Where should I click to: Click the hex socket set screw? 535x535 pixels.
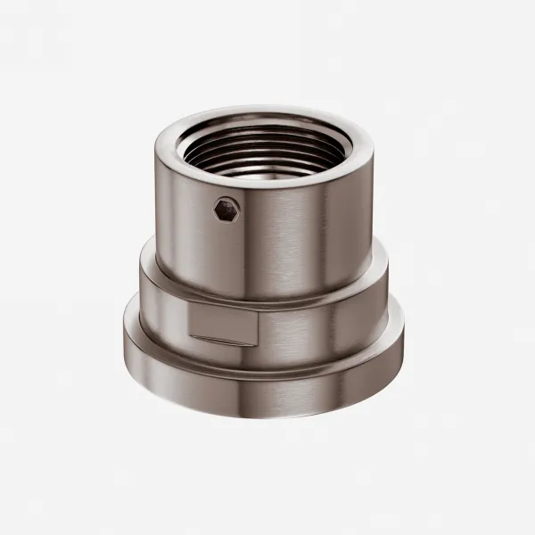(226, 210)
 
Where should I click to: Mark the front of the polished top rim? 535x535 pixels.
(265, 178)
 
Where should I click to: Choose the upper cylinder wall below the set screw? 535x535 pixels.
(232, 259)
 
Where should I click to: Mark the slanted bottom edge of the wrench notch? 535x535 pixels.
(223, 343)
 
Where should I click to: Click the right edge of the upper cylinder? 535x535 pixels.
(372, 214)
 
